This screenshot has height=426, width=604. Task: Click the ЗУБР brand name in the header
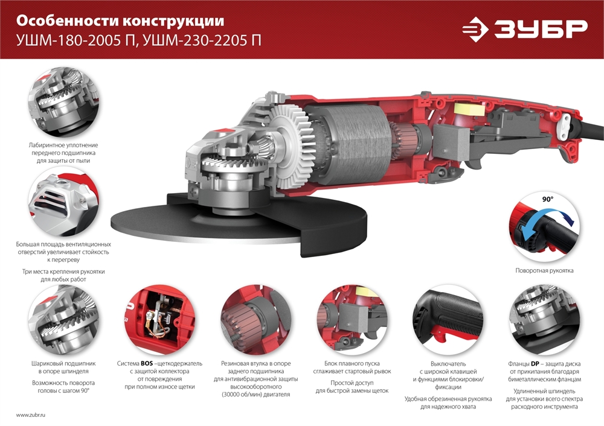click(541, 29)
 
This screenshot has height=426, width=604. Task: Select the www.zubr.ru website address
click(31, 415)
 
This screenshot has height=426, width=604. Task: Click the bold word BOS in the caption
click(147, 364)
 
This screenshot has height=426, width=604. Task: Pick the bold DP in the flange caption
click(535, 364)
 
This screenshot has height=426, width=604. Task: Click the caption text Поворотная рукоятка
click(544, 271)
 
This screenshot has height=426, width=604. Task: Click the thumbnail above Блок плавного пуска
click(349, 319)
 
